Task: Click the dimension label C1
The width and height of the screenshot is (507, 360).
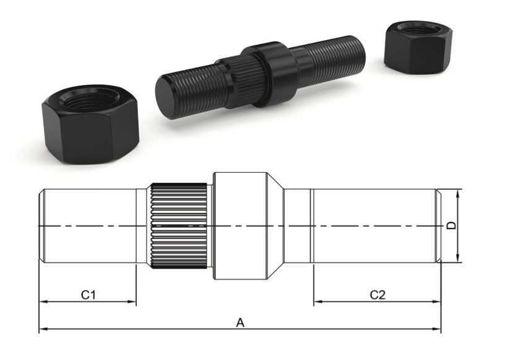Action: (89, 294)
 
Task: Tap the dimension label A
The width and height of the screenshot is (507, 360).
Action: (240, 322)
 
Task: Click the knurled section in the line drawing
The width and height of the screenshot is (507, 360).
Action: (180, 226)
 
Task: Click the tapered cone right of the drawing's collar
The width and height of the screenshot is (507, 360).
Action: (275, 226)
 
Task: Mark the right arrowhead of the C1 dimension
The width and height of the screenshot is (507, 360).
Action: (132, 302)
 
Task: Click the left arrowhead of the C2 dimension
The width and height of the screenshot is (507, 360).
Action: (316, 302)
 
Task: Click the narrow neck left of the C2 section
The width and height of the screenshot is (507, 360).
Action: (298, 226)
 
